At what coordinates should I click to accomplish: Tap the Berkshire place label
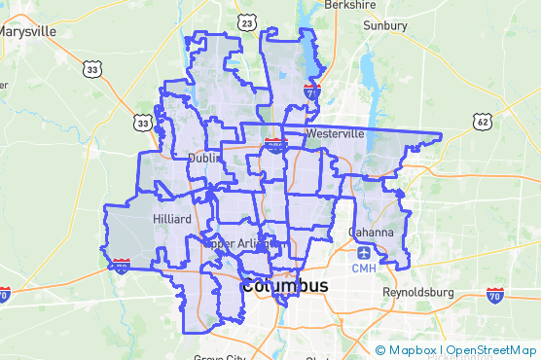pos(349,5)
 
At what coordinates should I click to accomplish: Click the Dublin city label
pos(204,157)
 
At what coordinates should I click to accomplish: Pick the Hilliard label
pos(171,219)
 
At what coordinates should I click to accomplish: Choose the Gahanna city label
pos(371,233)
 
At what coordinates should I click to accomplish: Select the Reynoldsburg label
pos(420,292)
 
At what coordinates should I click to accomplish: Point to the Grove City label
pos(220,357)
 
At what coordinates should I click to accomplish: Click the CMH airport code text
pos(363,269)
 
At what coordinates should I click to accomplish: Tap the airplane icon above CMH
pos(363,253)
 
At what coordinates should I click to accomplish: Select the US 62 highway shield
pos(483,121)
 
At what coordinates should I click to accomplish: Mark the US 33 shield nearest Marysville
pos(92,69)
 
